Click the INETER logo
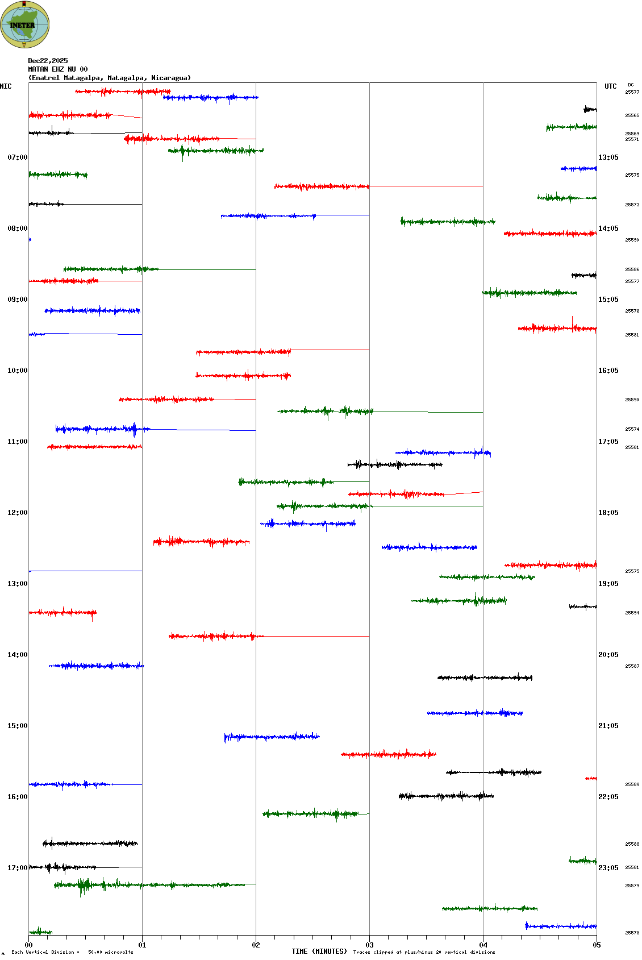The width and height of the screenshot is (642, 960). tap(24, 24)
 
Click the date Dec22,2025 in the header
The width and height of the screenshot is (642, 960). tap(48, 61)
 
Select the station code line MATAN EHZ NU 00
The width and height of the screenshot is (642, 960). tap(58, 69)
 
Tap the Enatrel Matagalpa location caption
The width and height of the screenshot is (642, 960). tap(110, 78)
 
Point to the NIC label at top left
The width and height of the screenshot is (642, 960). tap(6, 86)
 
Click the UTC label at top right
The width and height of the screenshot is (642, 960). tap(610, 86)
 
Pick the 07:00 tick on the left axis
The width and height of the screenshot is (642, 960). tap(17, 157)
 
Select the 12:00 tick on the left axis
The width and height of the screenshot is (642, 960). tap(17, 513)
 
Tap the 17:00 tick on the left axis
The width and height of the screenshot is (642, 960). tap(17, 868)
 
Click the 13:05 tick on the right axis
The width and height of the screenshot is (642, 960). tap(608, 157)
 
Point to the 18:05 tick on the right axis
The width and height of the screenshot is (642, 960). tap(608, 513)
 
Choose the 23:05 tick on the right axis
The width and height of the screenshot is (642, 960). tap(608, 868)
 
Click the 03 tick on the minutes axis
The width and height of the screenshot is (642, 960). tap(369, 945)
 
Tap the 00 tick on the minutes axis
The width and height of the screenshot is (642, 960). tap(28, 945)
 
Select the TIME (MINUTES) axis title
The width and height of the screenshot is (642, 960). tap(319, 951)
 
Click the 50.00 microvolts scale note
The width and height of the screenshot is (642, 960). tap(110, 952)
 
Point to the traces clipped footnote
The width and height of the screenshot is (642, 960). tap(424, 952)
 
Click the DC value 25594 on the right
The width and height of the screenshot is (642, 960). tap(632, 613)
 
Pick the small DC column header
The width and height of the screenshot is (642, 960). tap(631, 85)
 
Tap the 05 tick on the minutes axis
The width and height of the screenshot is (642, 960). tap(597, 945)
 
